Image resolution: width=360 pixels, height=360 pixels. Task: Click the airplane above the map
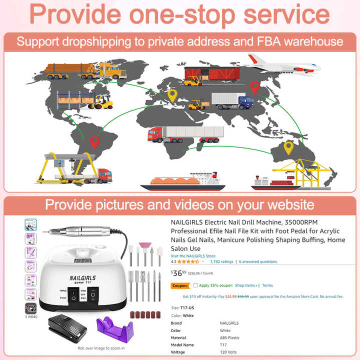[x=282, y=64]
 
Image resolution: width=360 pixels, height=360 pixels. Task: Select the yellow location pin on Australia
[x=288, y=147]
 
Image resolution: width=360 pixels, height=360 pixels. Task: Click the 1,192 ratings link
[x=221, y=261]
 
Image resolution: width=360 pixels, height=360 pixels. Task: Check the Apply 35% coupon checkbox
[x=195, y=285]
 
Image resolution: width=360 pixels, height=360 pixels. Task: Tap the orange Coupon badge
[x=179, y=286]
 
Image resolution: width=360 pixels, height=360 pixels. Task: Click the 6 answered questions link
[x=257, y=261]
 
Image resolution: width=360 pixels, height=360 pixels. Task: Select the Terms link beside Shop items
[x=267, y=285]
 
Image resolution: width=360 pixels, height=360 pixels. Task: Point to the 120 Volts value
[x=229, y=352]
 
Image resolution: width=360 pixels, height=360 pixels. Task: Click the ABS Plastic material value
[x=229, y=337]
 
